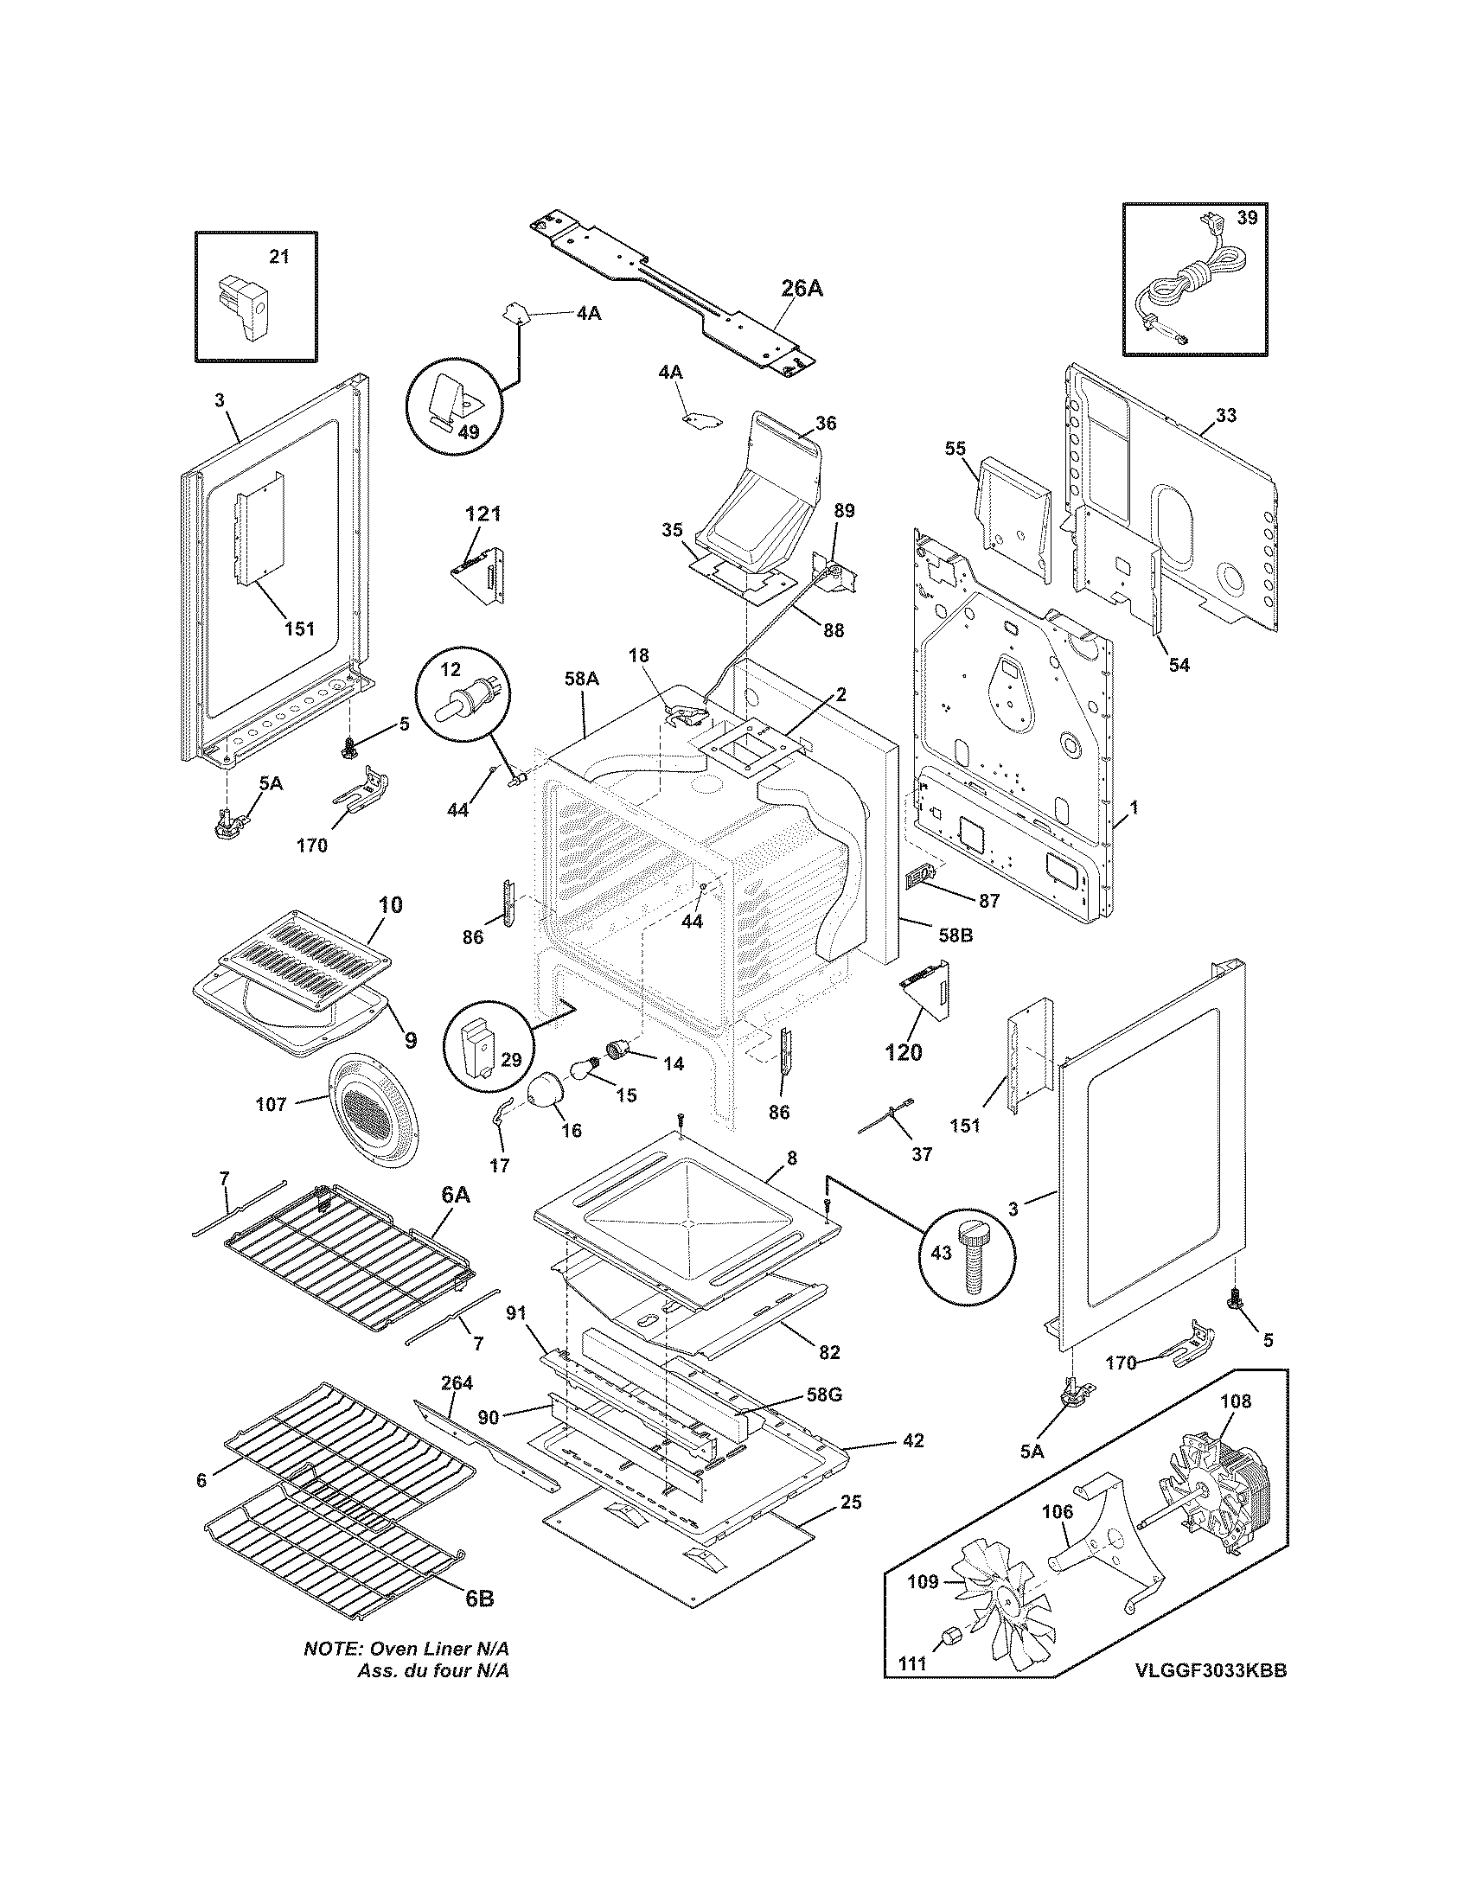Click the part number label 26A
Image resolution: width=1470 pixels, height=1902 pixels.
point(802,288)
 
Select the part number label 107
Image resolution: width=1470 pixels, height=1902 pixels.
point(271,1104)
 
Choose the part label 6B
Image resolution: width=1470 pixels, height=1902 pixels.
point(479,1598)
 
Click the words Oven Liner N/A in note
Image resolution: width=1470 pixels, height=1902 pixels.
point(440,1650)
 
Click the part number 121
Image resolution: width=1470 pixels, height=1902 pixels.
point(483,513)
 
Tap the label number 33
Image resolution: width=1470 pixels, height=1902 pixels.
point(1225,414)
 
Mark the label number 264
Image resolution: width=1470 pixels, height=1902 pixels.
point(457,1383)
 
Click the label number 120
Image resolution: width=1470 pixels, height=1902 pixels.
point(903,1052)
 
